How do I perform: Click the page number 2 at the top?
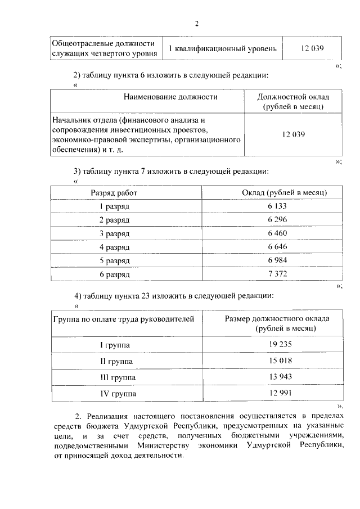click(197, 24)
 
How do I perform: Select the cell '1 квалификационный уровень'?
click(223, 49)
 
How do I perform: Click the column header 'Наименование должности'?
click(170, 97)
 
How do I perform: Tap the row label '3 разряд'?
click(114, 233)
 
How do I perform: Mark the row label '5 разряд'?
click(114, 260)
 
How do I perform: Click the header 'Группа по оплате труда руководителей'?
click(123, 319)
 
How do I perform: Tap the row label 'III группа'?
click(118, 376)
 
